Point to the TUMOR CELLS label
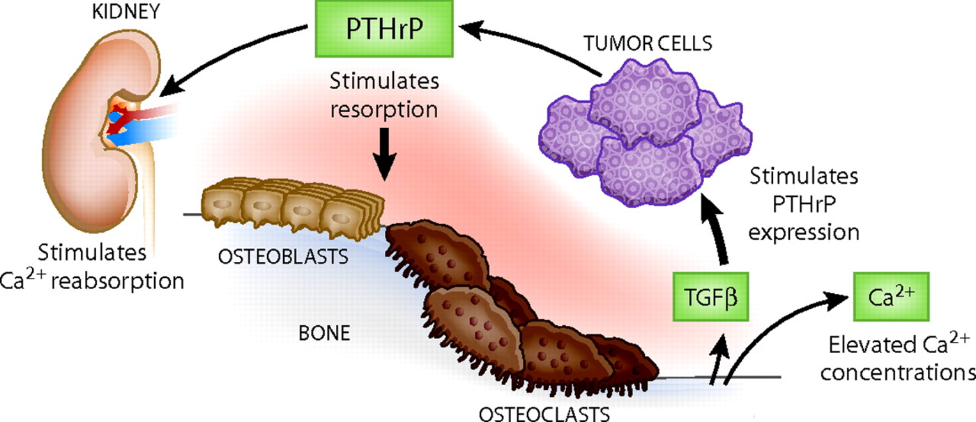650,44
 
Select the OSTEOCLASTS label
544,413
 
